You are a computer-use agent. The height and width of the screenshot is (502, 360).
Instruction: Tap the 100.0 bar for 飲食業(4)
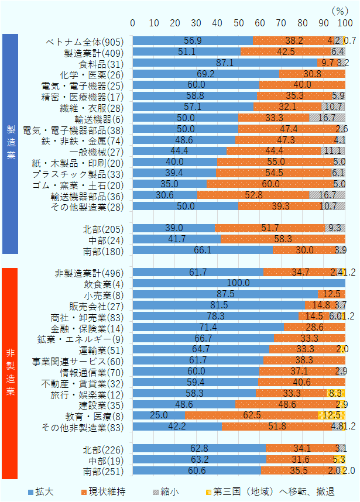coord(239,283)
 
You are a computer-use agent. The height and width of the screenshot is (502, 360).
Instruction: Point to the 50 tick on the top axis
coord(239,23)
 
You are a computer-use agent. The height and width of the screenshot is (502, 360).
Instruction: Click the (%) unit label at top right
coord(339,10)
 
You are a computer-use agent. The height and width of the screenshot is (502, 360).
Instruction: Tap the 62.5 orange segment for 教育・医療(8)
coord(251,415)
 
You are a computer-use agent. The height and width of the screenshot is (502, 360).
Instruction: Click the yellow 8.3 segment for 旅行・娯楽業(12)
coord(335,393)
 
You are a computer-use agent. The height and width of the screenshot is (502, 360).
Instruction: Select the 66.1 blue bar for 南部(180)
coord(203,250)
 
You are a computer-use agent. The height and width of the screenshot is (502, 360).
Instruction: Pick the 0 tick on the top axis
coord(133,23)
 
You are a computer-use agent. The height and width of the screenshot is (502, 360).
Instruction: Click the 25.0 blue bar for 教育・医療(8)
coord(159,415)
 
